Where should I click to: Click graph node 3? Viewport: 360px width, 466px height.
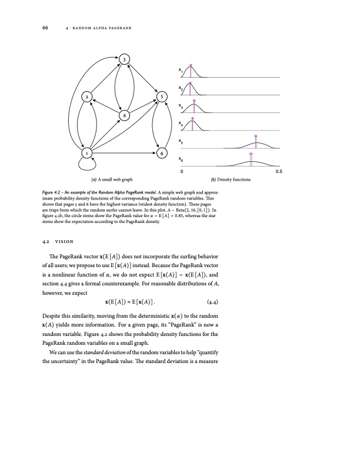pyautogui.click(x=124, y=59)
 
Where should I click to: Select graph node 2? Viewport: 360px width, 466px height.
pyautogui.click(x=87, y=96)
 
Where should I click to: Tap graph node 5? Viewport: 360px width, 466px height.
pyautogui.click(x=162, y=96)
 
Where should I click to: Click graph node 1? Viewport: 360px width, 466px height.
pyautogui.click(x=87, y=153)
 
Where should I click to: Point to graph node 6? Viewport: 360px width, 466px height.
pyautogui.click(x=162, y=153)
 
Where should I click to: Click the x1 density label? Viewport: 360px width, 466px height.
pyautogui.click(x=180, y=71)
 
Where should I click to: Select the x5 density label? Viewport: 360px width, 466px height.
pyautogui.click(x=180, y=142)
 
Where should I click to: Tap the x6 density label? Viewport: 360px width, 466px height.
pyautogui.click(x=180, y=159)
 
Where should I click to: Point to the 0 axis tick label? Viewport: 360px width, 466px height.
pyautogui.click(x=182, y=172)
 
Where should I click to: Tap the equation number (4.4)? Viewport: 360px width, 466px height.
pyautogui.click(x=216, y=303)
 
